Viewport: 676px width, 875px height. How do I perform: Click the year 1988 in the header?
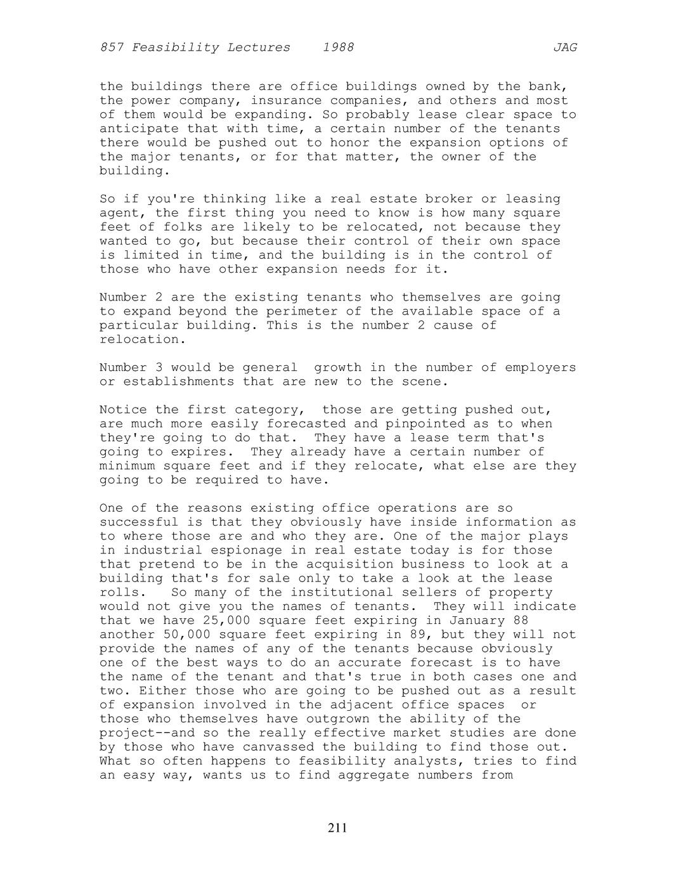coord(338,48)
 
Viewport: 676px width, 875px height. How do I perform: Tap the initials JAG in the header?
coord(565,48)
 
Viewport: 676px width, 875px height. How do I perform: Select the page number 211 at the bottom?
coord(337,827)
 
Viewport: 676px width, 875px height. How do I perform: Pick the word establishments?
coord(179,382)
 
